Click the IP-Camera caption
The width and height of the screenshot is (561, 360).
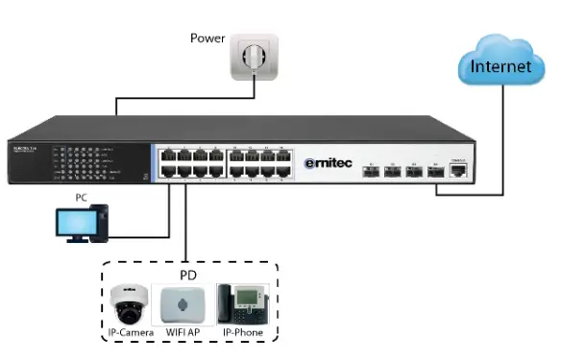click(x=128, y=334)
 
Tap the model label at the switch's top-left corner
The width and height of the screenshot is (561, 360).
click(x=26, y=147)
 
